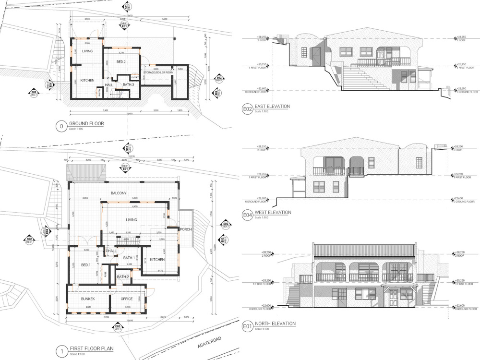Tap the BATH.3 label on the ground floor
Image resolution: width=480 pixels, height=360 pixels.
coord(128,84)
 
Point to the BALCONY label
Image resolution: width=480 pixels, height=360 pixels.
coord(119,193)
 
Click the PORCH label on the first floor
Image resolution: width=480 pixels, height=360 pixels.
coord(186,229)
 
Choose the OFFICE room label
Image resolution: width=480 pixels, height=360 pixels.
coord(120,299)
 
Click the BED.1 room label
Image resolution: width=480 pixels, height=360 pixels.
coord(86,265)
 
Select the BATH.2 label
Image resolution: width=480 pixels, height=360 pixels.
coord(123,276)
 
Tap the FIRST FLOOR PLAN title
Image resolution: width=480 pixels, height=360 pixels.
coord(92,348)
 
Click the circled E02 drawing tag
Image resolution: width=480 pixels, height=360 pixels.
coord(247,109)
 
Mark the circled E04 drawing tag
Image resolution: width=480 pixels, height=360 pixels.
coord(247,215)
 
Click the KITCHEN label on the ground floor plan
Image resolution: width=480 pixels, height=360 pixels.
coord(86,80)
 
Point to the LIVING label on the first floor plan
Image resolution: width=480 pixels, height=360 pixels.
coord(132,220)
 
